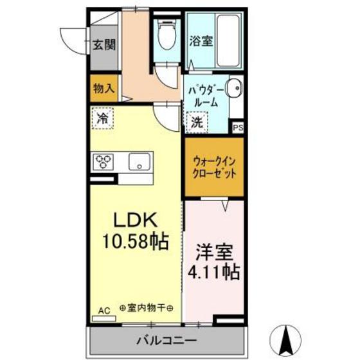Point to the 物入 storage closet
(103, 88)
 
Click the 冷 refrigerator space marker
(102, 118)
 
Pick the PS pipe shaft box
(238, 127)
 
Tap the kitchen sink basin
(139, 161)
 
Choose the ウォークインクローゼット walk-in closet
(214, 166)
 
